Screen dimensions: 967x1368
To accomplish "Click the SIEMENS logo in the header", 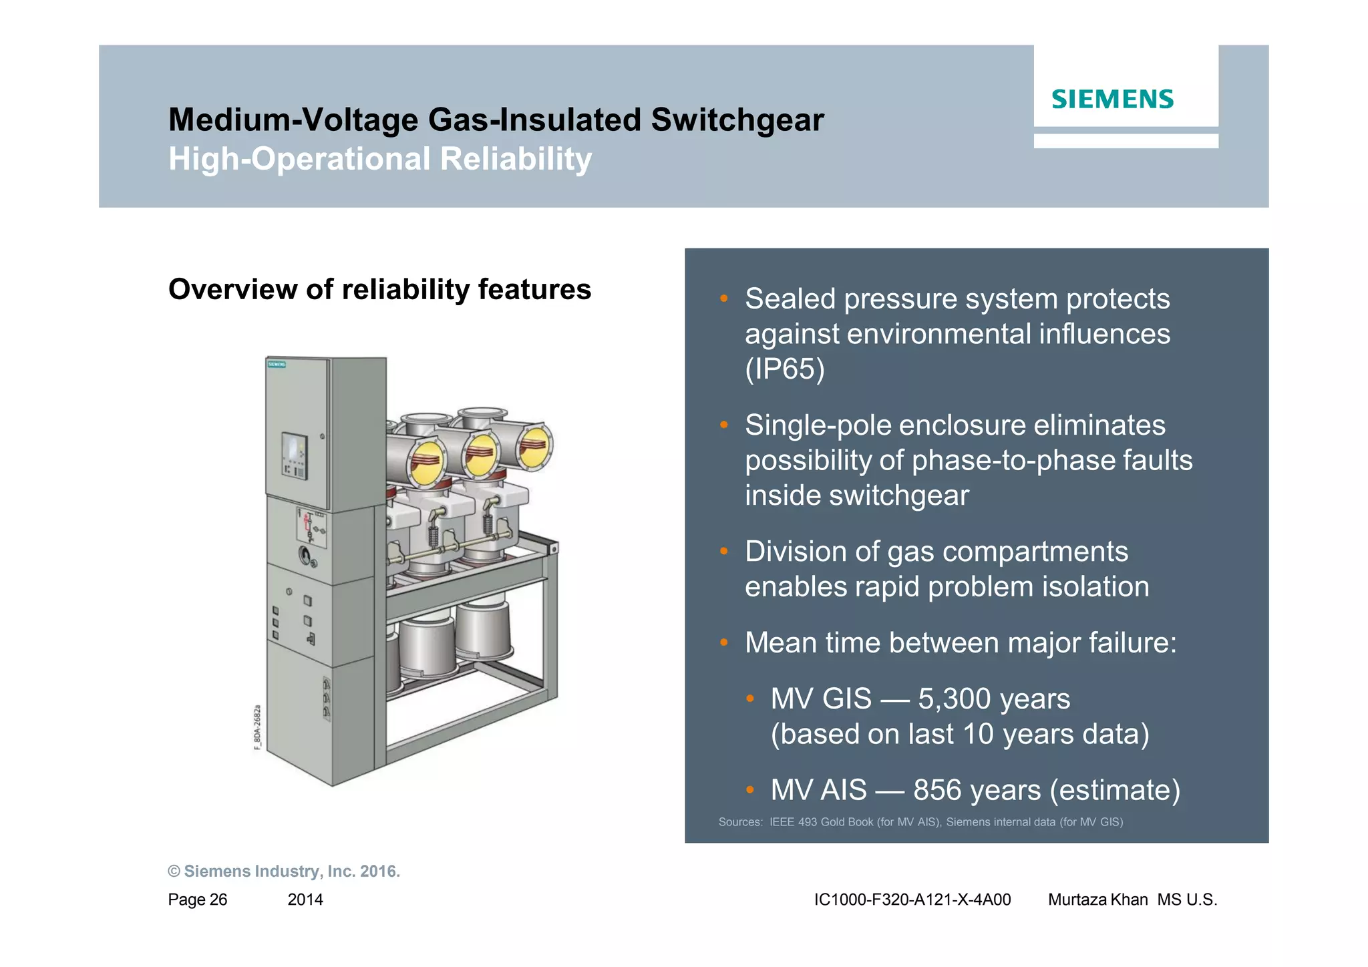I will pos(1112,100).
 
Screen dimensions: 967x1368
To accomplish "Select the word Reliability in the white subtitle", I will pos(516,160).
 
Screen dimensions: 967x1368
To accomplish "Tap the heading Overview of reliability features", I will pos(379,289).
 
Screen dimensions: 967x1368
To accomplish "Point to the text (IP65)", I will pos(784,369).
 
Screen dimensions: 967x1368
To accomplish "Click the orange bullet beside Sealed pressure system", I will pos(723,299).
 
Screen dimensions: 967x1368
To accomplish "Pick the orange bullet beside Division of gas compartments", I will pos(723,552).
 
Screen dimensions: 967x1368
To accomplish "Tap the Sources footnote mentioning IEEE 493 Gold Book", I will pos(920,822).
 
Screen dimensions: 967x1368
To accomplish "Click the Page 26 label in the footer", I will pos(198,900).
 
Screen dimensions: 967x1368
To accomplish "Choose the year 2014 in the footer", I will pos(305,900).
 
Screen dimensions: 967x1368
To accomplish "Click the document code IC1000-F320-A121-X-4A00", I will pos(912,900).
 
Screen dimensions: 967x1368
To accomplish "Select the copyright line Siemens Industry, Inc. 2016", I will pos(284,872).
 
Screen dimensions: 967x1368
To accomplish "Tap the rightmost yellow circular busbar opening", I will pos(535,446).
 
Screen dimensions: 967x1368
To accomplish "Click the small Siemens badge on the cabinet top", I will pos(277,365).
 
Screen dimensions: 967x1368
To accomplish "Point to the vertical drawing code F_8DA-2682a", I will pos(258,727).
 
